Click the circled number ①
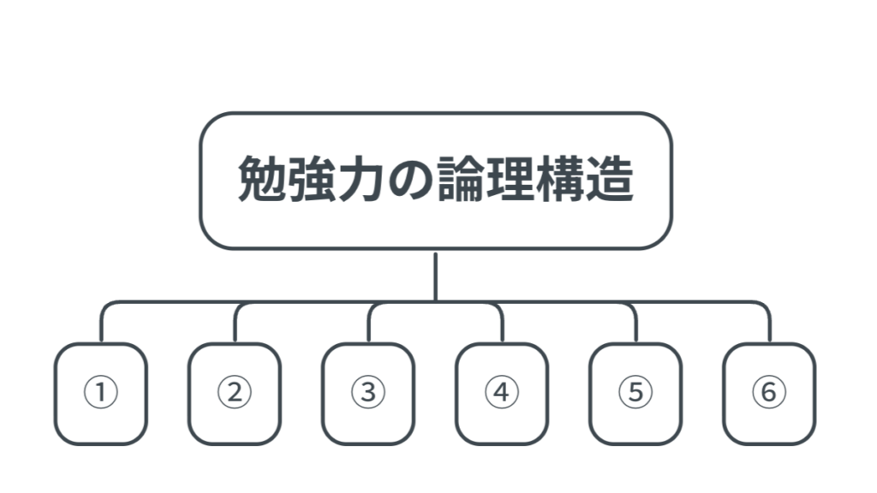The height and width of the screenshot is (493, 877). (x=101, y=392)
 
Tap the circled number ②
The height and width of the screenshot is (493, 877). (x=235, y=392)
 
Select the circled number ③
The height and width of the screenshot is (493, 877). (x=368, y=392)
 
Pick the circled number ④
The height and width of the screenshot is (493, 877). (x=502, y=392)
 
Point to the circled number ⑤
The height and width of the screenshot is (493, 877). (x=635, y=392)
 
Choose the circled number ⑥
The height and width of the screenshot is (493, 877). (x=769, y=392)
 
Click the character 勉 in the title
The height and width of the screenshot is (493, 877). (x=262, y=179)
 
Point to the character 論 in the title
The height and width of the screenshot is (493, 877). (x=460, y=179)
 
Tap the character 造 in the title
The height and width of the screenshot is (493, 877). (x=609, y=179)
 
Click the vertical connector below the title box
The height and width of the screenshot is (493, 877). (x=435, y=277)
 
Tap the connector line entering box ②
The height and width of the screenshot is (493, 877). (x=235, y=322)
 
